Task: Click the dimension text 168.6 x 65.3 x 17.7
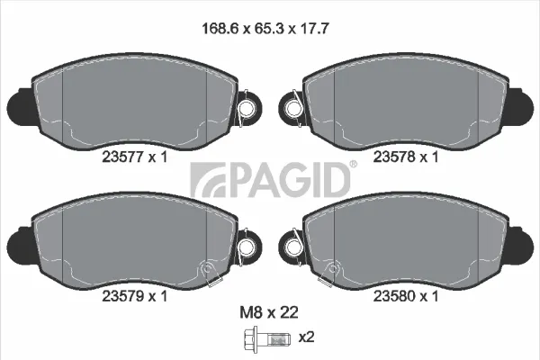click(265, 28)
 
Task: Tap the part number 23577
click(122, 157)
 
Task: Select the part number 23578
click(394, 157)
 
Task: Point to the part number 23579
click(122, 296)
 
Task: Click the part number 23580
click(394, 296)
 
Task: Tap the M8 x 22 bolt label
click(269, 312)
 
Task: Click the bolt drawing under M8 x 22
click(266, 339)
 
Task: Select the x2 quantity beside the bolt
click(306, 337)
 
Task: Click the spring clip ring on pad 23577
click(247, 109)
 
